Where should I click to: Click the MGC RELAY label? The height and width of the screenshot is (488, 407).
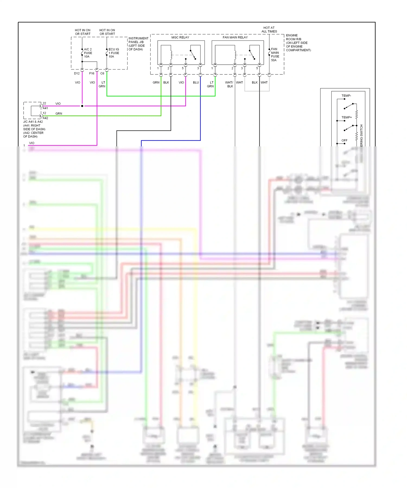180,37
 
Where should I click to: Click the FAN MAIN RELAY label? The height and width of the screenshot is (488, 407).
235,37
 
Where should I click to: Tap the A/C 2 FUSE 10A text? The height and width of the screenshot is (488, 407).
88,53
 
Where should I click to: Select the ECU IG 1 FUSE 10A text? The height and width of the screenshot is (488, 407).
114,53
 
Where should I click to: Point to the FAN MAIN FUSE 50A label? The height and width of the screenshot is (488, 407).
275,55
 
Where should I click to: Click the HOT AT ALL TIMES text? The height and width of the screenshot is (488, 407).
269,30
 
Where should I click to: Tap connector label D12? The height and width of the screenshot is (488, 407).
77,74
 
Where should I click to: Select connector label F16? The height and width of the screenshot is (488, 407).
92,74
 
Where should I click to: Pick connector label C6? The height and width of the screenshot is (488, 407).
102,74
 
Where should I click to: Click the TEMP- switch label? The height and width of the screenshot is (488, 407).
346,96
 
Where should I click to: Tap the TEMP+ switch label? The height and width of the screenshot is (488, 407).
346,117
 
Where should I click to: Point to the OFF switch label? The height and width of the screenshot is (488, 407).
344,140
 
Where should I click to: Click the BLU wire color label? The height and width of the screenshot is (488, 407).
196,83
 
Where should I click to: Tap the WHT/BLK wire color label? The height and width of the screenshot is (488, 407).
229,84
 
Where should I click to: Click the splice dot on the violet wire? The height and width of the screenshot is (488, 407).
82,106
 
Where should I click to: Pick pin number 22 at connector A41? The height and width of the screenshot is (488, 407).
44,103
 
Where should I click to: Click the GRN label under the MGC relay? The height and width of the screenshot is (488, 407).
156,83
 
